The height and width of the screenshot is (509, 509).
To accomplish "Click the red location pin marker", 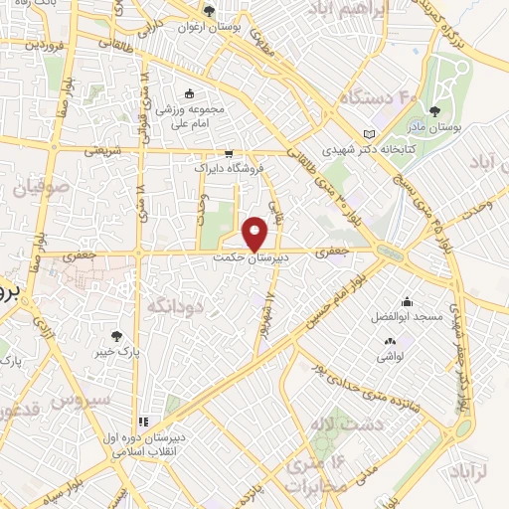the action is pyautogui.click(x=256, y=232).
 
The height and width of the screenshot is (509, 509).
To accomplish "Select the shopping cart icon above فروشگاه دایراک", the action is pyautogui.click(x=230, y=154).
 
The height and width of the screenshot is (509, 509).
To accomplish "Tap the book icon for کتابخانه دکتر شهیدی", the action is pyautogui.click(x=370, y=134).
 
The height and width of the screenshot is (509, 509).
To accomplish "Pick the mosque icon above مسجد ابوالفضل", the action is pyautogui.click(x=407, y=301).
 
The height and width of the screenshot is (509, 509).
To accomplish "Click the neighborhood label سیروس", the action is pyautogui.click(x=131, y=398).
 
